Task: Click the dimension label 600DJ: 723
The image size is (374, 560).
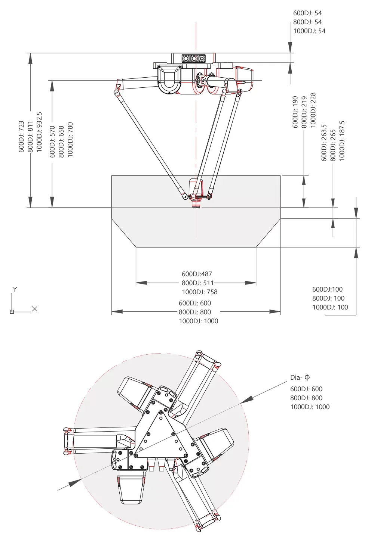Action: click(x=21, y=136)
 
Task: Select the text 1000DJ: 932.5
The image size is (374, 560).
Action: click(x=39, y=132)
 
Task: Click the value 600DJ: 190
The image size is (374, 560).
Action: click(x=295, y=112)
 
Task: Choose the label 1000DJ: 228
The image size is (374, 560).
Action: click(x=313, y=110)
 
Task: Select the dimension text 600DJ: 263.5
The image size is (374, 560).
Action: click(x=324, y=143)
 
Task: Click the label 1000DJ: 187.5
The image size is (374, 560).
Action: click(x=342, y=141)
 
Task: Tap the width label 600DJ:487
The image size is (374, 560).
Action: click(x=197, y=274)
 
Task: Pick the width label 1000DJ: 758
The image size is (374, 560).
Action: click(x=199, y=292)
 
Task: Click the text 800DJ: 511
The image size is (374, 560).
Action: click(x=197, y=283)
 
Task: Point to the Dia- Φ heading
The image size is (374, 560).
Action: click(x=300, y=377)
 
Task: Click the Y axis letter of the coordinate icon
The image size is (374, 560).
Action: click(x=15, y=289)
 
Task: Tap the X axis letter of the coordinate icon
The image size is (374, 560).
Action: click(x=35, y=309)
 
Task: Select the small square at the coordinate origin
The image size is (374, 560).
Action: click(x=12, y=312)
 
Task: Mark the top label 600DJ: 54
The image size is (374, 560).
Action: click(x=307, y=13)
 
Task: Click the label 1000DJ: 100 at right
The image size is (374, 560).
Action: click(x=330, y=307)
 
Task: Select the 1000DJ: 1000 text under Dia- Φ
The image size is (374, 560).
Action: click(x=310, y=407)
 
